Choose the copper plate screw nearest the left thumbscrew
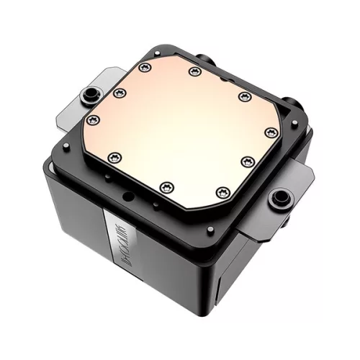point(120,92)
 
